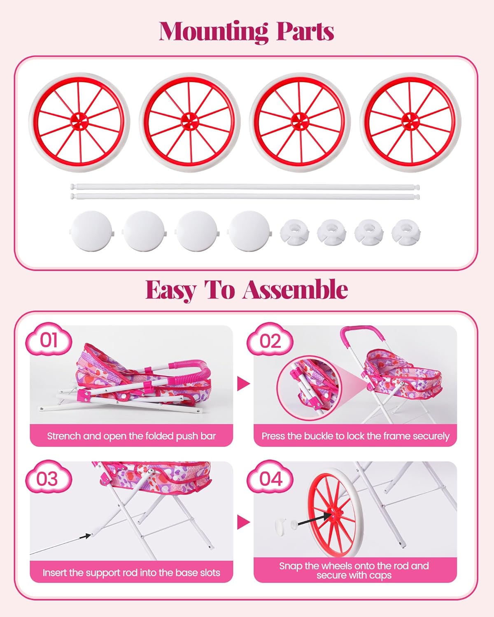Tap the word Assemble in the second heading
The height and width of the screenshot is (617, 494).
pos(295,290)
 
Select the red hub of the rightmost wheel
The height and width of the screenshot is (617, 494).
pos(410,121)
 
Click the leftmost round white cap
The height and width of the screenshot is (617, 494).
pos(91,231)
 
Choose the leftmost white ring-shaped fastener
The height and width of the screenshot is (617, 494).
pos(295,232)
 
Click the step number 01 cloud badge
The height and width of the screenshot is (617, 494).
pos(49,340)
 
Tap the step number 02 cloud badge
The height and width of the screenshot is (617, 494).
pos(270,341)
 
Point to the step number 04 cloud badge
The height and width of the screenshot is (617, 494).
pos(270,479)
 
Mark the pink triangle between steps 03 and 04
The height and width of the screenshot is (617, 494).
pos(243,522)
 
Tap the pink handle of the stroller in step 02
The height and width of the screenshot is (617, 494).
pos(358,331)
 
